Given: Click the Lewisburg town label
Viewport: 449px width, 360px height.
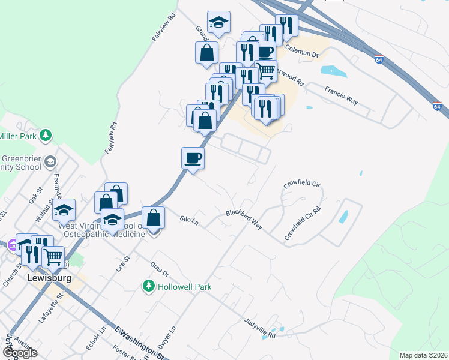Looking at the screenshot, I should [x=50, y=278].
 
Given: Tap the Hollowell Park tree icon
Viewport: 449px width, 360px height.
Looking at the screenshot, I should [x=148, y=287].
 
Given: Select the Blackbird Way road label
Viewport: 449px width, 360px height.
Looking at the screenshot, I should [x=244, y=219].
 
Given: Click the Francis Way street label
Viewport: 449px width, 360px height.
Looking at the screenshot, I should [x=342, y=95].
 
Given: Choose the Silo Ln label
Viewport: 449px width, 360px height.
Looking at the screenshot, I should [x=189, y=221].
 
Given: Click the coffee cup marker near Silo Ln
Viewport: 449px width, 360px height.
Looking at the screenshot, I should [x=193, y=158].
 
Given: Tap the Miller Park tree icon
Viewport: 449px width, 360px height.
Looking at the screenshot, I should [x=46, y=136].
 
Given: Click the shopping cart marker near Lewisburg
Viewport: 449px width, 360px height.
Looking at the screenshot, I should [x=53, y=257].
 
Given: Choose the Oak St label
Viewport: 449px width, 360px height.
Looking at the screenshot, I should [x=33, y=194].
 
